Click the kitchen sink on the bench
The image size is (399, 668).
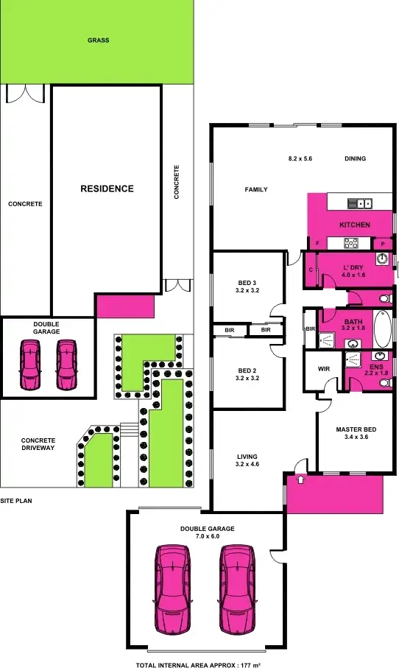361,203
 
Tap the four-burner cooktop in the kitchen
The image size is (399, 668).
351,242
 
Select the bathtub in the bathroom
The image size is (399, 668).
383,329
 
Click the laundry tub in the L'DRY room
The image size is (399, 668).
382,259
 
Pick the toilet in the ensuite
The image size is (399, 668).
384,383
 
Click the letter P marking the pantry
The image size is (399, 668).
383,244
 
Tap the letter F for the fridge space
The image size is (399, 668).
317,243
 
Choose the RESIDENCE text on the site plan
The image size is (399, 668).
107,189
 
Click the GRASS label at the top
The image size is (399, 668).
98,41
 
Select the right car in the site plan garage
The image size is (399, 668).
67,364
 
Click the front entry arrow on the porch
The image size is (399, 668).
300,480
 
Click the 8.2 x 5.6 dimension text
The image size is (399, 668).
300,158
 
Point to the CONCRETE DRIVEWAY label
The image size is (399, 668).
38,444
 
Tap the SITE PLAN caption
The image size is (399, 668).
16,500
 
